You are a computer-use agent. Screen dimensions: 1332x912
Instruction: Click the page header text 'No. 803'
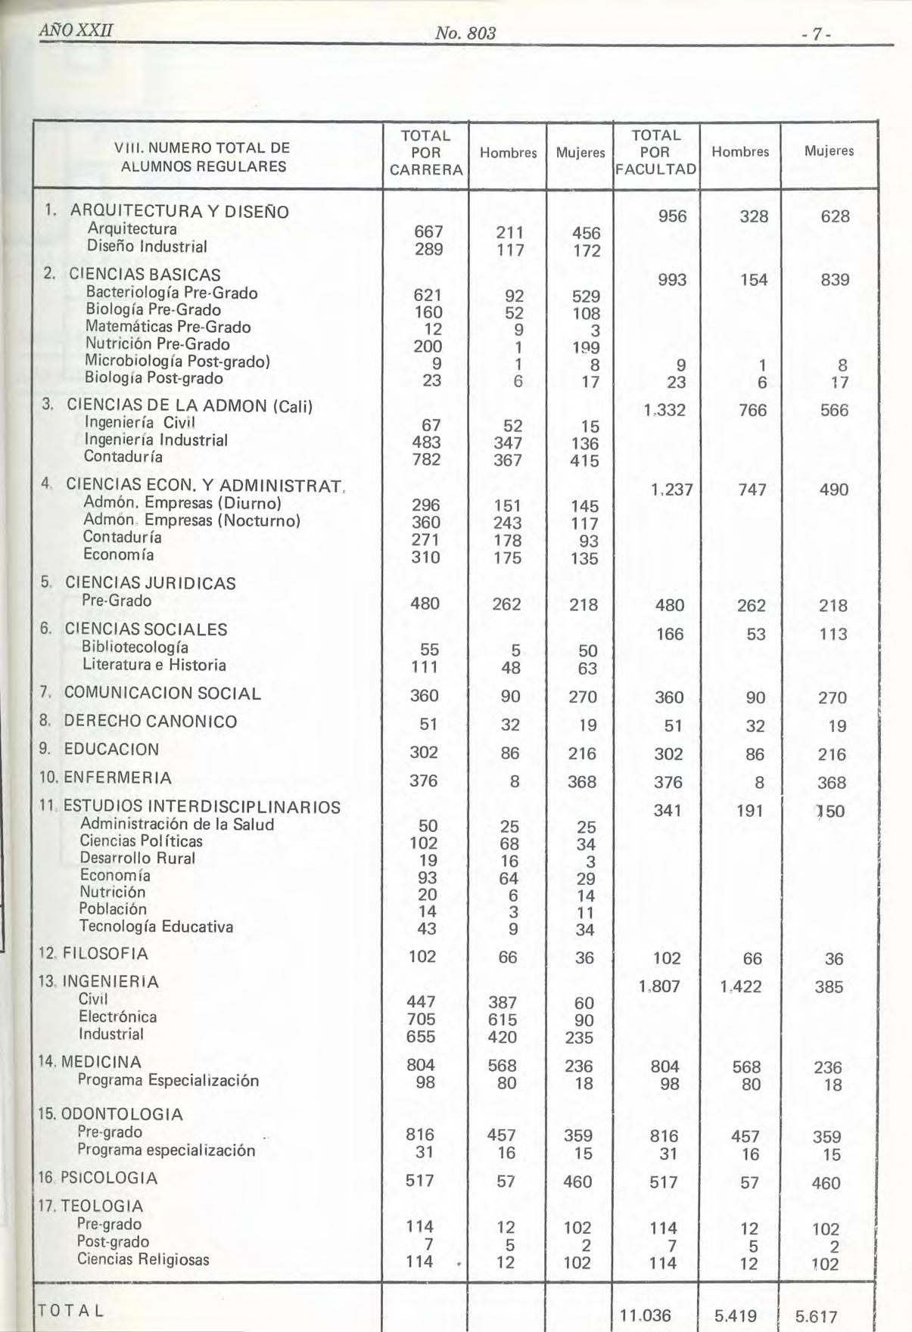(465, 33)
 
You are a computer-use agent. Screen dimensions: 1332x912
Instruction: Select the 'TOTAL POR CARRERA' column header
(426, 153)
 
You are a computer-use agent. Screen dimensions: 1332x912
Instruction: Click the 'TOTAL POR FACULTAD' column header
(655, 153)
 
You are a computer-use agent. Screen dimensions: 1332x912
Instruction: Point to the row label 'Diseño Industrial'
(147, 247)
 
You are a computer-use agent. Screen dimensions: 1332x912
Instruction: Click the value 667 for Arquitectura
(428, 231)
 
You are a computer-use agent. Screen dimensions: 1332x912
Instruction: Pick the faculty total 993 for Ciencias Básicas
(672, 280)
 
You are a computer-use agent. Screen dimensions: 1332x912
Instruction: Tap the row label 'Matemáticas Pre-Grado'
(168, 328)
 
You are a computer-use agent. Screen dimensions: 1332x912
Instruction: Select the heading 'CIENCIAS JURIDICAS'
(151, 583)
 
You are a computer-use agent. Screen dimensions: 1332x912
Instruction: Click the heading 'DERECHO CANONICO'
(151, 722)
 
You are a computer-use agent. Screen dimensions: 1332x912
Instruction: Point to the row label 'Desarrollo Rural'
(138, 859)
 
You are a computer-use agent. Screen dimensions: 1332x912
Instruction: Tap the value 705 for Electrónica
(421, 1019)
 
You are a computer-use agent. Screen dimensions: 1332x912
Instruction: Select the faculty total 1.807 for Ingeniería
(659, 986)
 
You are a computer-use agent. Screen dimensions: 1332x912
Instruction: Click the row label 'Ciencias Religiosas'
(143, 1260)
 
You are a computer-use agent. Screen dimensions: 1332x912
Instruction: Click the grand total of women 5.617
(816, 1317)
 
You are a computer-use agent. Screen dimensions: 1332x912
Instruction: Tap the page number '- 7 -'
(820, 35)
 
